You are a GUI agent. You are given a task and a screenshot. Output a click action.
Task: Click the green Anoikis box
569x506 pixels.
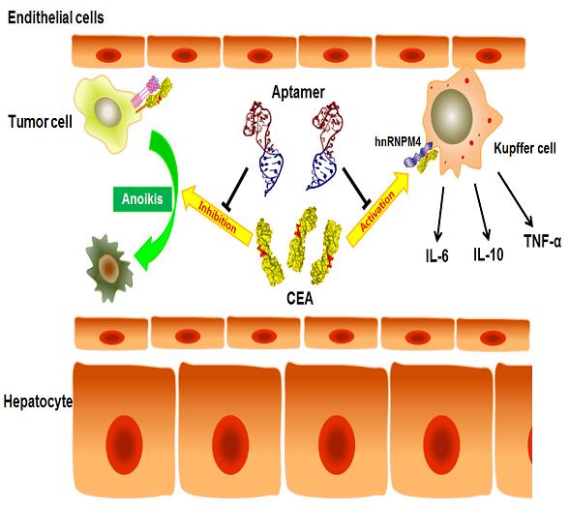tap(142, 199)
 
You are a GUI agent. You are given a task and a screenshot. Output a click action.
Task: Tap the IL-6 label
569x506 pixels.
tap(437, 255)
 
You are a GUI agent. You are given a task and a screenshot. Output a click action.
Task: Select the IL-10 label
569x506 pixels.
tap(489, 254)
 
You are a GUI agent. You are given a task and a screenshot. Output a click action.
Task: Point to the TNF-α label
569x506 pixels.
tap(543, 241)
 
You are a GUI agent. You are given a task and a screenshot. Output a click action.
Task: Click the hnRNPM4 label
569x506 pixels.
tap(398, 141)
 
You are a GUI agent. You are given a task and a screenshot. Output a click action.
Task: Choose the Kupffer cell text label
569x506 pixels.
tap(524, 148)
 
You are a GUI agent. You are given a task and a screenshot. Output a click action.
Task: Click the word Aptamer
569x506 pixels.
tap(298, 93)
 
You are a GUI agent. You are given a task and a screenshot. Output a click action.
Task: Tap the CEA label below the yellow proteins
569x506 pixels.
tap(300, 299)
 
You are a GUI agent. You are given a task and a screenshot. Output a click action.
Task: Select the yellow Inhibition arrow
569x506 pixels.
tap(217, 216)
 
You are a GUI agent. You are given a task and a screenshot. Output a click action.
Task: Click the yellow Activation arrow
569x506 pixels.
tap(378, 209)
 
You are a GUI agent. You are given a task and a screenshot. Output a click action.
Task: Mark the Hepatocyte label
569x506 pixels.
tap(38, 402)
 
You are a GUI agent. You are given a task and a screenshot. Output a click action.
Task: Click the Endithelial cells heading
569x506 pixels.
tap(55, 17)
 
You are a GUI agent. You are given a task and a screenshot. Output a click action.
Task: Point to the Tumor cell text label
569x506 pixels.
tap(40, 122)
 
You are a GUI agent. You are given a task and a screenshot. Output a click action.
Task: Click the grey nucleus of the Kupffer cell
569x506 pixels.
tap(451, 114)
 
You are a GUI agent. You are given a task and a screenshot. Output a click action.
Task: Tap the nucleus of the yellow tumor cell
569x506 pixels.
tap(107, 111)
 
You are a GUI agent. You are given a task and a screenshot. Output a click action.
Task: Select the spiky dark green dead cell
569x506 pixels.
tap(109, 268)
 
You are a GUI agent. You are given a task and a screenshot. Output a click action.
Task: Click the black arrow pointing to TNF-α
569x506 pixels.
tap(515, 199)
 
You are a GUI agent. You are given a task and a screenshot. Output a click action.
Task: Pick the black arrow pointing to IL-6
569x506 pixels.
tap(440, 214)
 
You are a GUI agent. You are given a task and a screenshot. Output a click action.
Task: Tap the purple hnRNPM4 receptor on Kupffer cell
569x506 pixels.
tap(417, 155)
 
